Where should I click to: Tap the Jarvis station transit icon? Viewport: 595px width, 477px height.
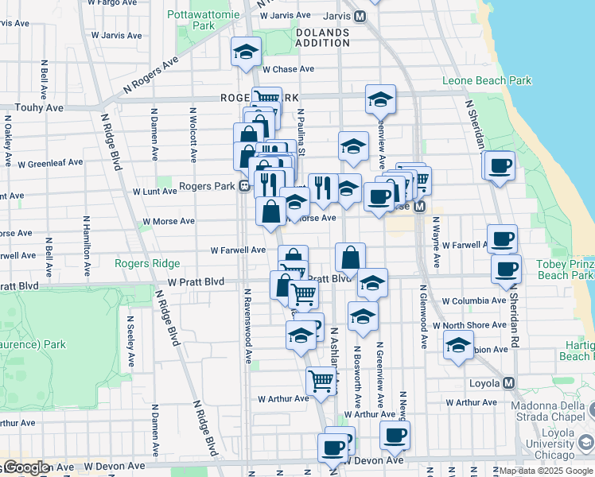(360, 16)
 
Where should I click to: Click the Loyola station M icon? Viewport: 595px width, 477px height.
(509, 382)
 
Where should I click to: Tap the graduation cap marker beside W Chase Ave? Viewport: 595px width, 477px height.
(246, 52)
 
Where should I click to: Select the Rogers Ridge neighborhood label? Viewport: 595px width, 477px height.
(146, 264)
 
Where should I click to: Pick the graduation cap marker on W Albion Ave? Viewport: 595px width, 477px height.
(457, 346)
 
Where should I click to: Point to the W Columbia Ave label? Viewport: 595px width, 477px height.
(474, 301)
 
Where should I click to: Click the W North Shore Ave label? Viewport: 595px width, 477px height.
(475, 325)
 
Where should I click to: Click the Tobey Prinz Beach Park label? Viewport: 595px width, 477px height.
(565, 270)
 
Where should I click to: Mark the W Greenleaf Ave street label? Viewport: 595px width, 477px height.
(54, 162)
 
